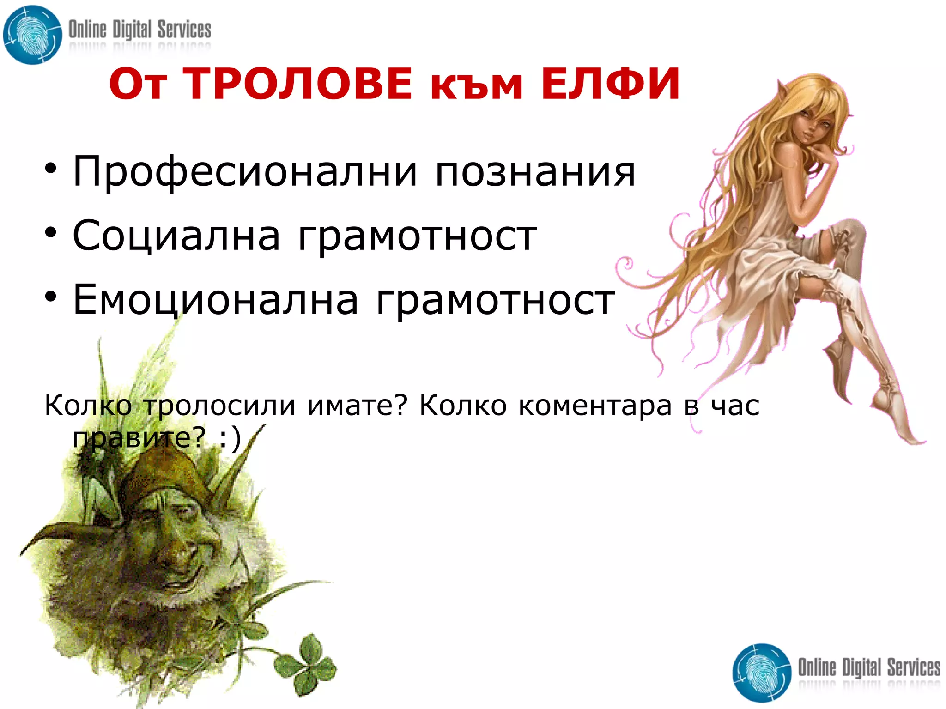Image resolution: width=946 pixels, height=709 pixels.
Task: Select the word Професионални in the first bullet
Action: pyautogui.click(x=245, y=172)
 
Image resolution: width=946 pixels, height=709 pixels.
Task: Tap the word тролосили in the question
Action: pyautogui.click(x=219, y=406)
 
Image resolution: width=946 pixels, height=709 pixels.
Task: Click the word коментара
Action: pyautogui.click(x=595, y=406)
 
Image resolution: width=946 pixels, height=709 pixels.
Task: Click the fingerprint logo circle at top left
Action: pyautogui.click(x=32, y=35)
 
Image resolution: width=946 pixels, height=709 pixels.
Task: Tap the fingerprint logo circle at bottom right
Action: pyautogui.click(x=762, y=672)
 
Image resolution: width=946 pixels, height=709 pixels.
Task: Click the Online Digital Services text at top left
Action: pyautogui.click(x=139, y=30)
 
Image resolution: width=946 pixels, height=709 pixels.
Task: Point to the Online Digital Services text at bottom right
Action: pyautogui.click(x=869, y=667)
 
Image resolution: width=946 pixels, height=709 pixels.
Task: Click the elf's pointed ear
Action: pyautogui.click(x=782, y=90)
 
